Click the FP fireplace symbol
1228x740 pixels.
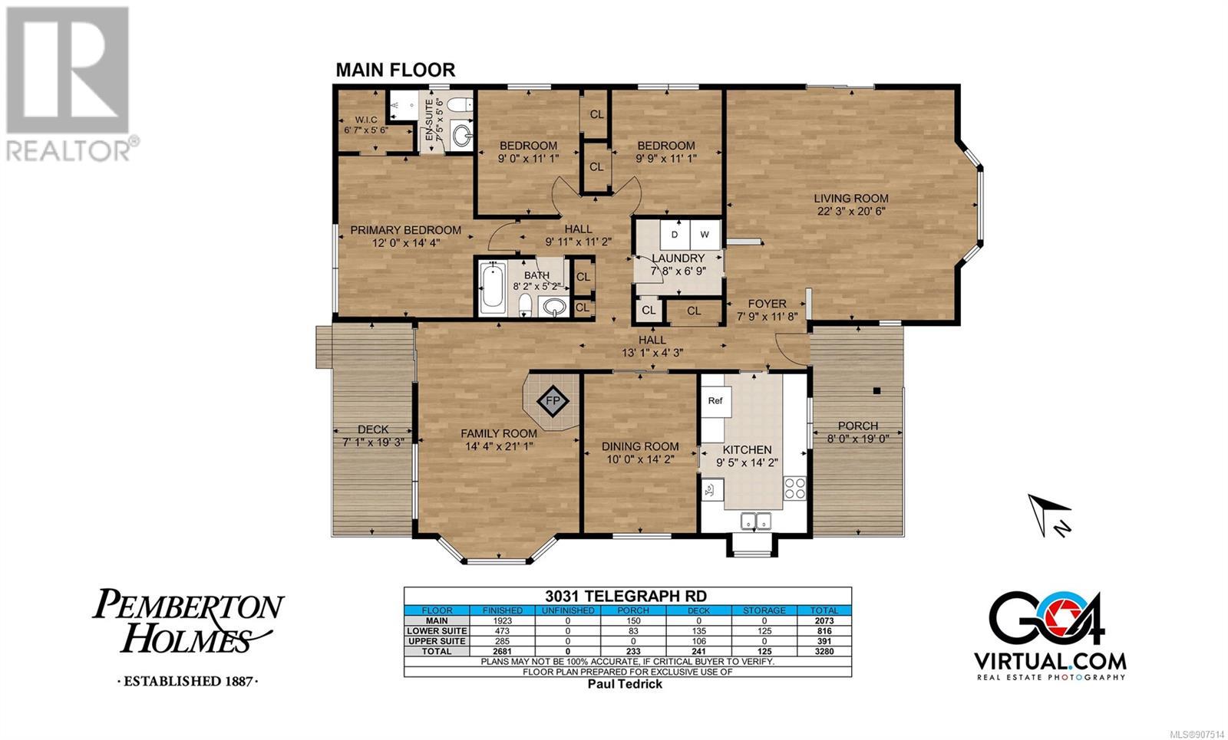553,401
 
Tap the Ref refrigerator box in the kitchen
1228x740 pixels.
715,400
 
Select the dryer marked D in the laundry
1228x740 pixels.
675,235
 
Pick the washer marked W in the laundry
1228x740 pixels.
705,235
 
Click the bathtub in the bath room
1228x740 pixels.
492,288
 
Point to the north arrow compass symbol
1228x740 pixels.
1048,515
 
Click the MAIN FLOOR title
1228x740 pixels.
395,70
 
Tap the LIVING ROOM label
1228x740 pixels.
851,199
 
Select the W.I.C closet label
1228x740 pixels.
365,120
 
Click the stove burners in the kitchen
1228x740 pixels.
794,488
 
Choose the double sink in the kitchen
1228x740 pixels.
756,521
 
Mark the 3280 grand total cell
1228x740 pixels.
824,651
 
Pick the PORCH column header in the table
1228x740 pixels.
633,610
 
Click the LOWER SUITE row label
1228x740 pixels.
437,631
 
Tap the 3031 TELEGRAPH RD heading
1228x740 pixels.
626,596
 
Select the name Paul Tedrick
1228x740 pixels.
625,684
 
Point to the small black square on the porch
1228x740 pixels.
876,390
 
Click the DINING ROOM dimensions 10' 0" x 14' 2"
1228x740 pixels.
640,459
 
